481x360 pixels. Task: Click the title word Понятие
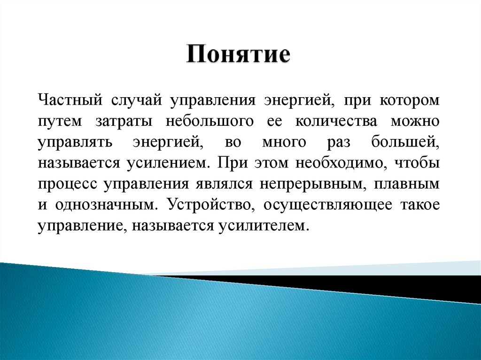point(239,55)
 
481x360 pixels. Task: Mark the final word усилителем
point(263,226)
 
